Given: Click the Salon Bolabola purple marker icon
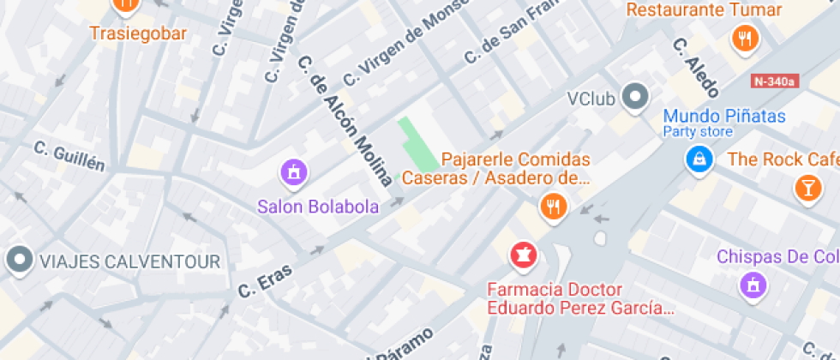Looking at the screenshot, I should click(293, 172).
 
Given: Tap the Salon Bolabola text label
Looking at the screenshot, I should click(319, 207).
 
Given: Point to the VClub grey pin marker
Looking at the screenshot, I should click(635, 99).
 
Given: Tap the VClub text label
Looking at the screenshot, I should click(591, 99).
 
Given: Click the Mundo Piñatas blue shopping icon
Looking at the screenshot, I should click(699, 158).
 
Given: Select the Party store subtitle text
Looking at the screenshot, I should click(698, 132).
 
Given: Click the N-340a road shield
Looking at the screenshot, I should click(774, 82).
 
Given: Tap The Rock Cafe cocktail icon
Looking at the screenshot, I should click(807, 189).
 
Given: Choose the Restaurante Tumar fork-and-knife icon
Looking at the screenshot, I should click(745, 38).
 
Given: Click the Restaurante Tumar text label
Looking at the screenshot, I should click(705, 10).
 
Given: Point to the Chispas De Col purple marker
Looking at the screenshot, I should click(753, 285).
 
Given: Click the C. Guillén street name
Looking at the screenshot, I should click(69, 155).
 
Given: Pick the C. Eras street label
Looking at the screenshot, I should click(265, 280).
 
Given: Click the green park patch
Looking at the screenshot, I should click(417, 146).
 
